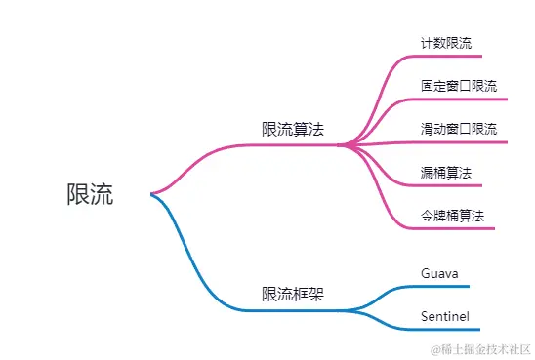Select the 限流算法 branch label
[x=293, y=129]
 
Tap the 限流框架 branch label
[x=293, y=294]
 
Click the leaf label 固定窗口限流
[x=458, y=86]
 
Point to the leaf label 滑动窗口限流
[x=458, y=129]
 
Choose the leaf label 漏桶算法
[x=445, y=172]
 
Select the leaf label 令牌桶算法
[x=452, y=215]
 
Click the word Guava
[x=439, y=272]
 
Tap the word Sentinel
[x=445, y=316]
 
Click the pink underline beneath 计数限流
[x=449, y=56]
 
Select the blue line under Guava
[x=434, y=287]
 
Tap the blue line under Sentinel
[x=439, y=330]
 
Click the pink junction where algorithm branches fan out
[x=344, y=145]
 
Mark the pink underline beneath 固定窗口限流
[x=459, y=99]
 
